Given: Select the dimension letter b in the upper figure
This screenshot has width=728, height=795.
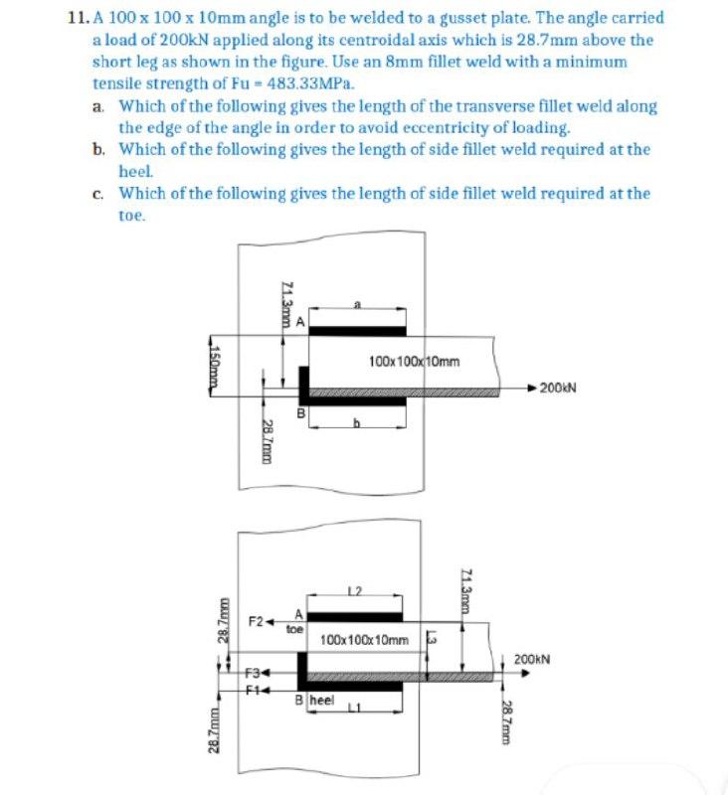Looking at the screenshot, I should pos(355,423).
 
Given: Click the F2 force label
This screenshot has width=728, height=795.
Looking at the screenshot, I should pos(256,621).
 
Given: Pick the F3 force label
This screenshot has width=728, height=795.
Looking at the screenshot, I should pos(256,673).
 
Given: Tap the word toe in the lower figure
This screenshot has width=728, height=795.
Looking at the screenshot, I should pos(294,629).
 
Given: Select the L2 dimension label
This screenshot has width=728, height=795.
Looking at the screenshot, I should pos(354,592).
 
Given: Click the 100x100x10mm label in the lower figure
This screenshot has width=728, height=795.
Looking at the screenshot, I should pos(365,639).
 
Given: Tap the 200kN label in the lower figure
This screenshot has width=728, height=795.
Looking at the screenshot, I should pos(533,658).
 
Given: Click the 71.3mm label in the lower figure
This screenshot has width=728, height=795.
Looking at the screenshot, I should pos(466,589).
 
